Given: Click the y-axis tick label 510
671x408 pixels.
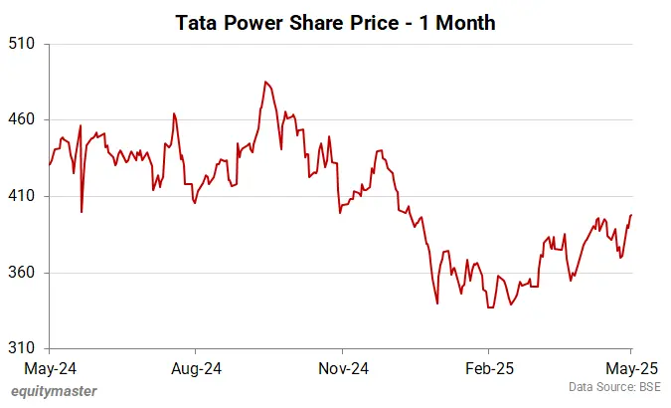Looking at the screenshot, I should click(x=22, y=44).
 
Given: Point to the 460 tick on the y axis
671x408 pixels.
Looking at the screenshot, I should click(x=22, y=120).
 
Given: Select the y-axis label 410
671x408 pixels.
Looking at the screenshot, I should click(x=22, y=197).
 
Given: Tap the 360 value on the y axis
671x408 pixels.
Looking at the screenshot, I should click(x=22, y=274).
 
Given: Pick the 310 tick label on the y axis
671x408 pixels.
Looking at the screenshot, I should click(x=22, y=349).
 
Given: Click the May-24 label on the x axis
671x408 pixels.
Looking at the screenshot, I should click(x=48, y=368).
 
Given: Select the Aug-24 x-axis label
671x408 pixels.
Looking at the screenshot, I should click(x=196, y=368).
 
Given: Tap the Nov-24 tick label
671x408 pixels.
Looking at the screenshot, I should click(x=342, y=368).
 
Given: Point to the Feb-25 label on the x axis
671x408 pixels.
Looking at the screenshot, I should click(x=488, y=368).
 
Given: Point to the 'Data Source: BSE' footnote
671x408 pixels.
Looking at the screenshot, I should click(x=615, y=387).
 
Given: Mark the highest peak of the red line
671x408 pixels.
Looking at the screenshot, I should click(x=265, y=82).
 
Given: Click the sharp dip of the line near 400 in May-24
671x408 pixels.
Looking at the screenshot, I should click(x=82, y=211).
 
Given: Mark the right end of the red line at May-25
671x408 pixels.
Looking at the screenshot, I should click(x=632, y=215).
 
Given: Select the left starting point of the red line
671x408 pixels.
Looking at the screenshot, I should click(x=49, y=164).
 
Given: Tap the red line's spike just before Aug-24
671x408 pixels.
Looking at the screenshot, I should click(x=174, y=113).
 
